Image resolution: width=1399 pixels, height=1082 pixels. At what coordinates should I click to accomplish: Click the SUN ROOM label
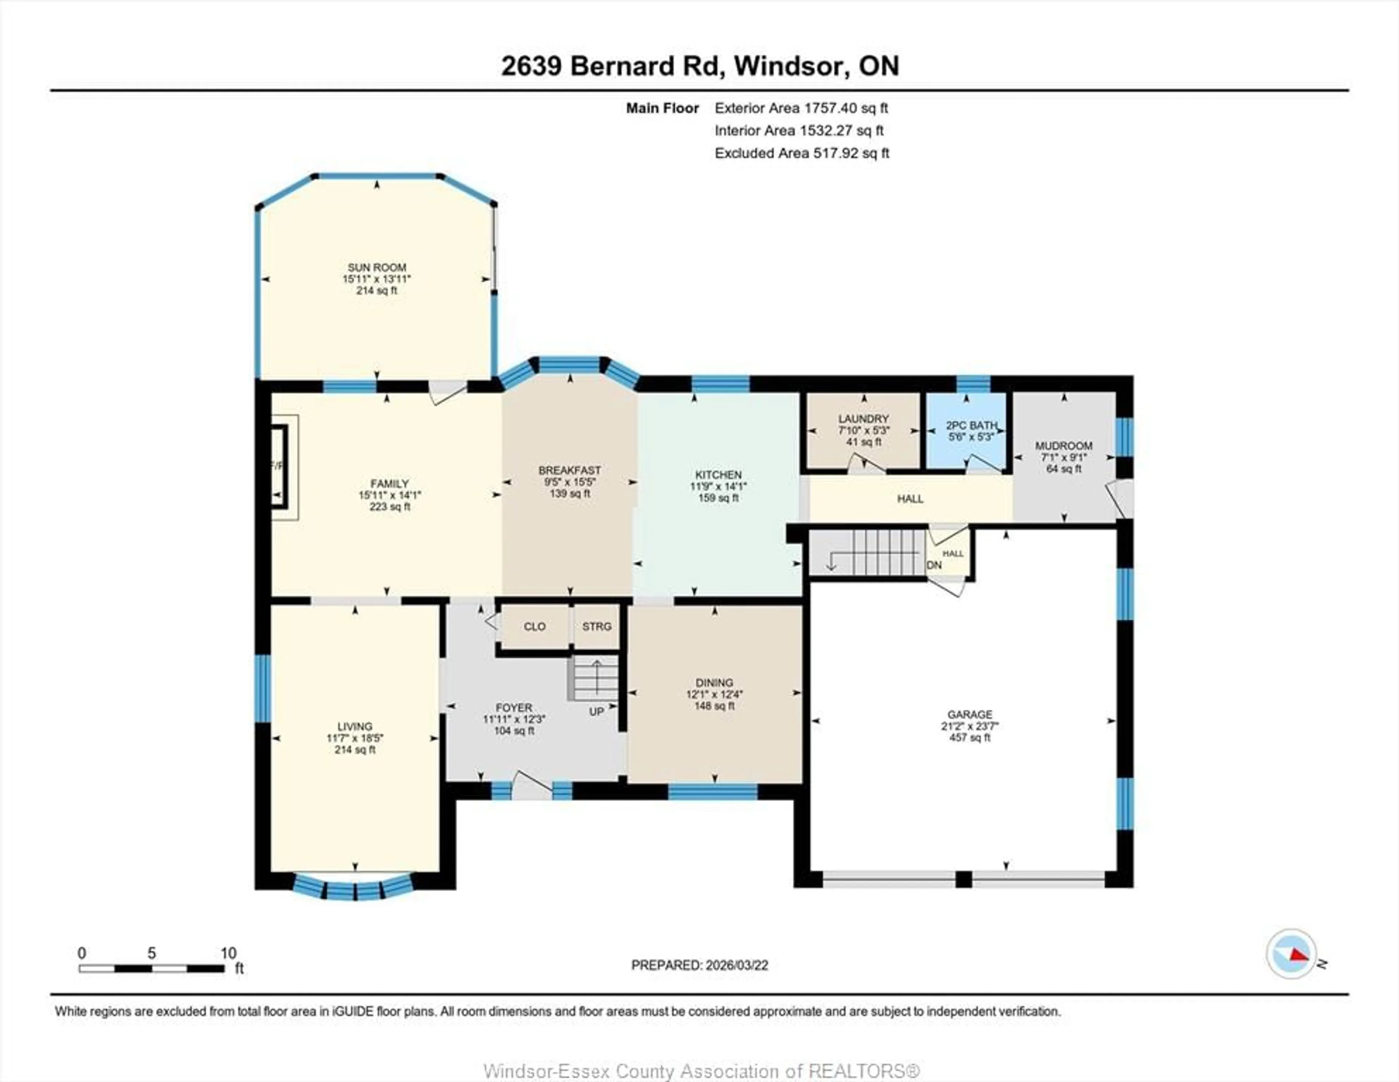point(377,267)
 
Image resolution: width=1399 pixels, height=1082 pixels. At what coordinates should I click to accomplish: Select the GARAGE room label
point(970,714)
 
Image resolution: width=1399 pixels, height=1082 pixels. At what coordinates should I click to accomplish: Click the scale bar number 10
point(228,953)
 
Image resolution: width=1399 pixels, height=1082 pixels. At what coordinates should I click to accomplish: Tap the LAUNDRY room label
point(863,418)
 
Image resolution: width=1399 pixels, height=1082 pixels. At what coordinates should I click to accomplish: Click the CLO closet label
point(534,627)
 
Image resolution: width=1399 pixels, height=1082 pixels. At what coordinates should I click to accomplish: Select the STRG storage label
point(596,627)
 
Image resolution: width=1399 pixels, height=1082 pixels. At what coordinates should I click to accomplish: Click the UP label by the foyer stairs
point(596,712)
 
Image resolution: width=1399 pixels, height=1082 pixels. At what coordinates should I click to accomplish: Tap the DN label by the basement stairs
point(934,565)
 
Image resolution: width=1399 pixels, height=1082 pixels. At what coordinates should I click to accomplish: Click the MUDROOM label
point(1064,446)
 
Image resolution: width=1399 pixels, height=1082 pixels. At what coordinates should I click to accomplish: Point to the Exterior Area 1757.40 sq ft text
point(801,108)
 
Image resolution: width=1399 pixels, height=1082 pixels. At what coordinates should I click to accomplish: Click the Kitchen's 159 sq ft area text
point(718,498)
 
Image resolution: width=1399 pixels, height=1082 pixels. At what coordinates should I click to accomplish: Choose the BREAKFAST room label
point(569,470)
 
